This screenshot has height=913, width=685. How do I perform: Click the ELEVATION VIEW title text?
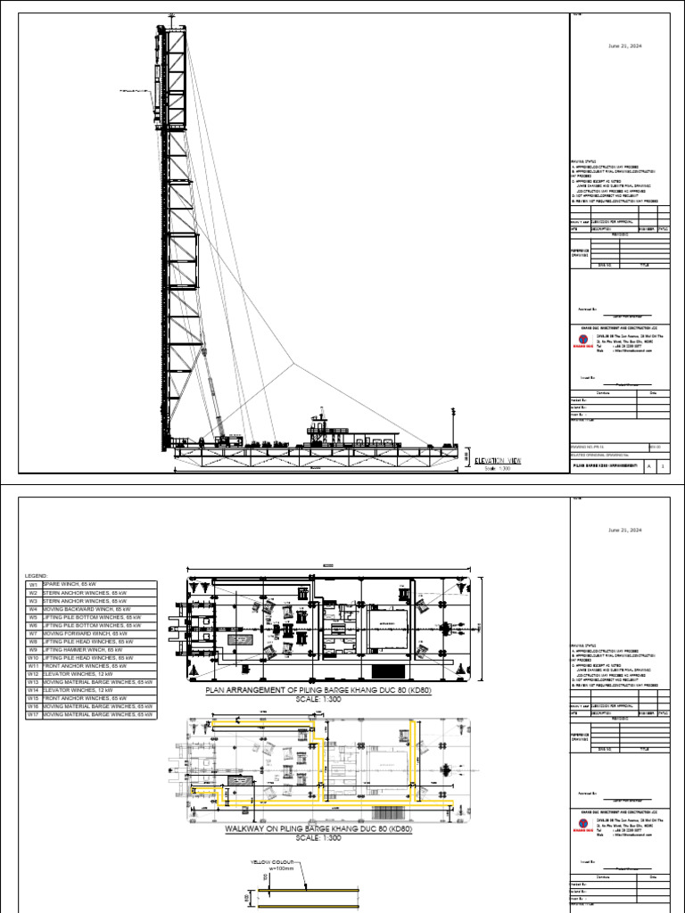pos(498,461)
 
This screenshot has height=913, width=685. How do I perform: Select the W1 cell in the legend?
pos(33,584)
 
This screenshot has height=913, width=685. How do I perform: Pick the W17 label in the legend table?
pos(33,715)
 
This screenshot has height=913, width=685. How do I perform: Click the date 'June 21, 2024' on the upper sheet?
pos(624,45)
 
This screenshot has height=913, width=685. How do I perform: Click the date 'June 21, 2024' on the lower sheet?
pos(624,530)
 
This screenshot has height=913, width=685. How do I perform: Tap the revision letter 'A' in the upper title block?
pos(648,466)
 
